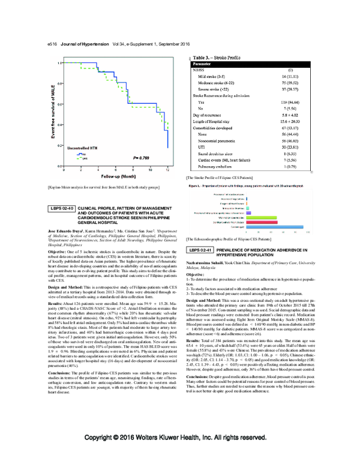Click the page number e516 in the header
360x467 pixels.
point(46,44)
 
